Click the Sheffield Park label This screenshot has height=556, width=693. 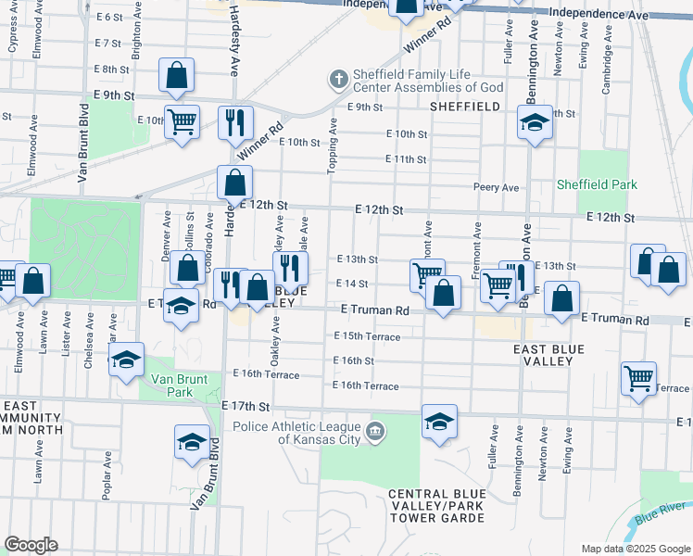point(597,184)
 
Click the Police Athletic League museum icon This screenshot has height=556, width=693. point(374,431)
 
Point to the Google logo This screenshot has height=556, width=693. point(31,545)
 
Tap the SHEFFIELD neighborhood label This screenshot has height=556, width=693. point(465,107)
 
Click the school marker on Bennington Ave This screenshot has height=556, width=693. point(534,123)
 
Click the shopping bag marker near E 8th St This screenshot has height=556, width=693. point(176,75)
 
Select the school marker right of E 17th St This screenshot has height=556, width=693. point(439,422)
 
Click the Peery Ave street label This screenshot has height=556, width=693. point(496,187)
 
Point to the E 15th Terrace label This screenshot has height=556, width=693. point(366,336)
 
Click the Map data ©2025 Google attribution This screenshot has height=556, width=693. point(634,549)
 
